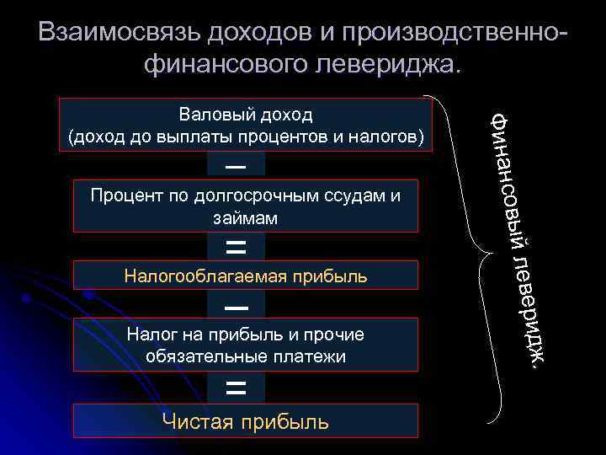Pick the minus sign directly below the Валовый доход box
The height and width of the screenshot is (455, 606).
(x=237, y=165)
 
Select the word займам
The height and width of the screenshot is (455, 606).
(x=246, y=217)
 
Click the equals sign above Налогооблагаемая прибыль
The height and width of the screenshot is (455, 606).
(x=237, y=247)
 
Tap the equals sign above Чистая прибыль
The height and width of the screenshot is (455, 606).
(x=237, y=388)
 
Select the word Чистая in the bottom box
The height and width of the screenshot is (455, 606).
(x=195, y=421)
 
